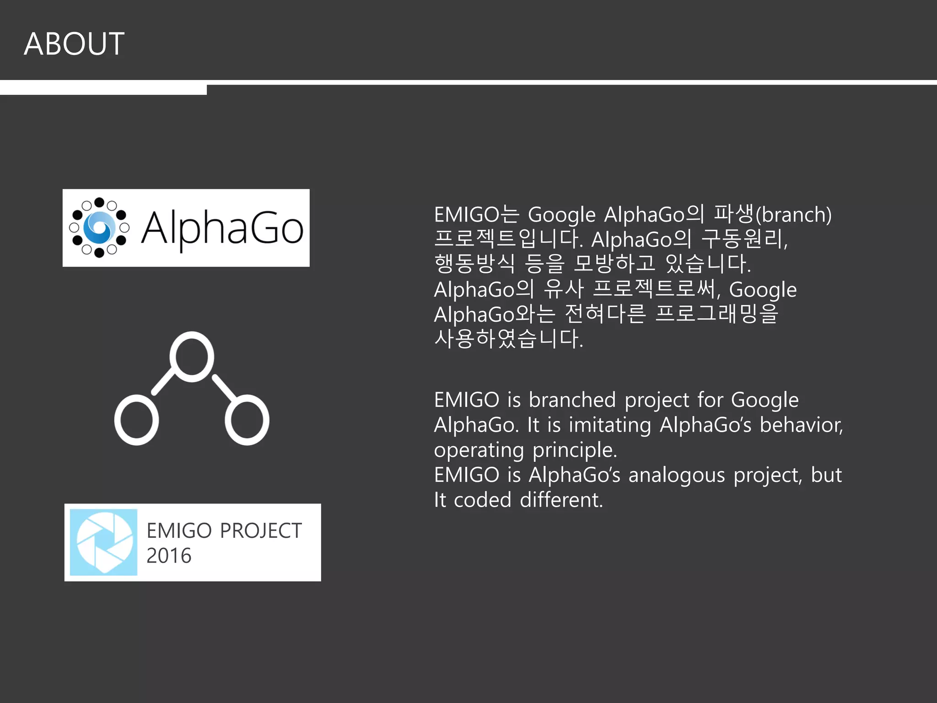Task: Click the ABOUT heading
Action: click(74, 44)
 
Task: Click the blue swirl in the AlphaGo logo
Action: click(99, 227)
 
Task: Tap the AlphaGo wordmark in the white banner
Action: click(222, 228)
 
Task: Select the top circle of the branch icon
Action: click(192, 357)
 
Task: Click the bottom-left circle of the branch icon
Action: click(136, 420)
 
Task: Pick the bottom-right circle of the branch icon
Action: click(247, 420)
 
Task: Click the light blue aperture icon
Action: click(103, 542)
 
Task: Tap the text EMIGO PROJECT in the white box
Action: click(224, 531)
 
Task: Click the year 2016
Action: click(169, 556)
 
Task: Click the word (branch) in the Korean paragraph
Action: click(793, 215)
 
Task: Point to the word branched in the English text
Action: click(572, 400)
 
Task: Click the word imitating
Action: click(609, 425)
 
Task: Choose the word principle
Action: click(575, 450)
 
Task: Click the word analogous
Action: click(676, 475)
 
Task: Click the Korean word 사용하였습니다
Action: click(508, 339)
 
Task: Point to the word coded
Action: click(482, 500)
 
